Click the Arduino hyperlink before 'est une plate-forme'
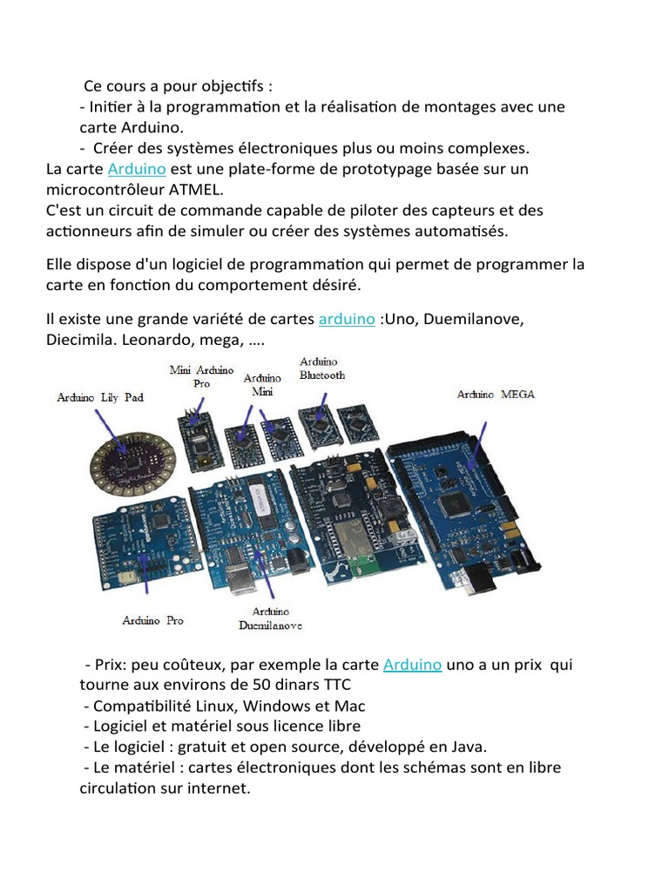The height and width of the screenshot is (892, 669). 136,169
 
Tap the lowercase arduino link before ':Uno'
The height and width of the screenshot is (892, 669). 347,320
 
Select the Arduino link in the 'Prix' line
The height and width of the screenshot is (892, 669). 413,665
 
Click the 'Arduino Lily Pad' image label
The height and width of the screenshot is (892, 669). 100,397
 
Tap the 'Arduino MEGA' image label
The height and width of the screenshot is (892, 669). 496,395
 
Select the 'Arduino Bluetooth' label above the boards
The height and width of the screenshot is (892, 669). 321,368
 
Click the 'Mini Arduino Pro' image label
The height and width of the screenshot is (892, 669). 201,375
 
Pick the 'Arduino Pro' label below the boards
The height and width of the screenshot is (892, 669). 152,621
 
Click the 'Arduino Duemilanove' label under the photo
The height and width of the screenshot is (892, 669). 270,618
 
